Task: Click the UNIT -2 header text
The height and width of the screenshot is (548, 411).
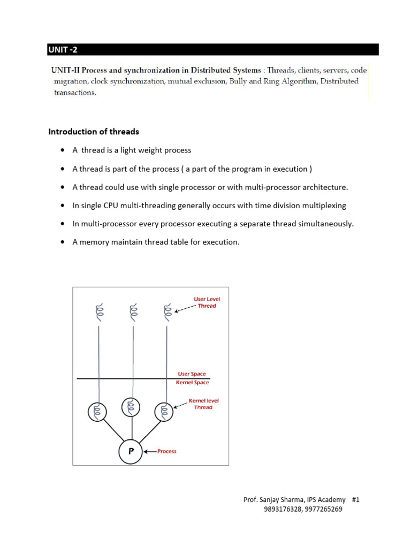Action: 63,50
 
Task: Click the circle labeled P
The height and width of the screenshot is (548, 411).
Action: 131,451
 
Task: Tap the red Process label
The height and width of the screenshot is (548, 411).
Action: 166,451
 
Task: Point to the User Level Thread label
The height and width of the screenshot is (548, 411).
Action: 207,302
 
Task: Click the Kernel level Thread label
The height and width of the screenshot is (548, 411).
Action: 203,404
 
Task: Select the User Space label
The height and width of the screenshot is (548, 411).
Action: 191,374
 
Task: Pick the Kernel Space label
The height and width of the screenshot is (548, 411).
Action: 192,383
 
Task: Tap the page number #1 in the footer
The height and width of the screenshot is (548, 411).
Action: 356,499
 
